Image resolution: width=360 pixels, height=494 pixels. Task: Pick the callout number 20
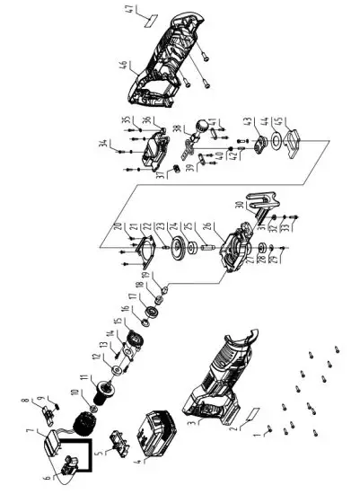coord(118,225)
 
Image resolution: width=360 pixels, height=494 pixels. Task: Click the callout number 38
coord(177,128)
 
